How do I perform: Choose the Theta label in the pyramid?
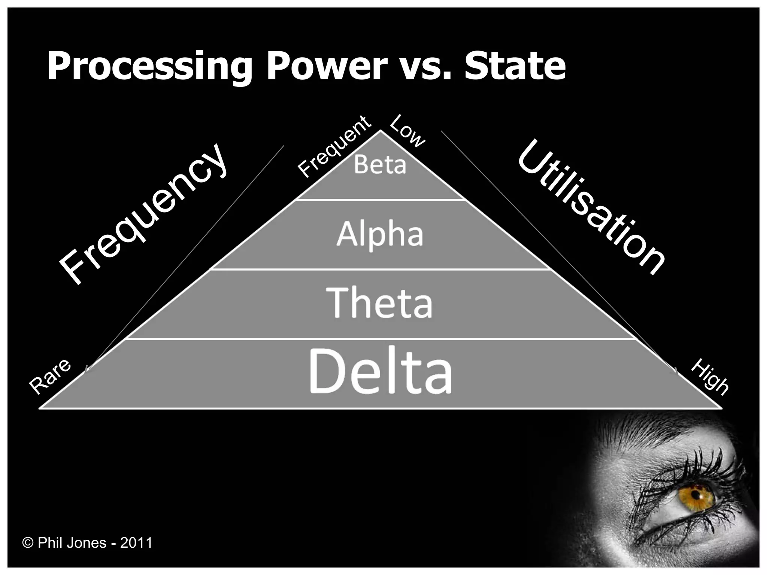[x=380, y=303]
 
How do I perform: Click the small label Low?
[x=407, y=131]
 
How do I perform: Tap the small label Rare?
[x=50, y=376]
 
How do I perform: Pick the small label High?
[x=709, y=377]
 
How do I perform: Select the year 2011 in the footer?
[x=136, y=543]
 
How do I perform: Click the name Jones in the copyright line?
[x=87, y=543]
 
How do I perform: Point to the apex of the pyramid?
[x=381, y=131]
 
